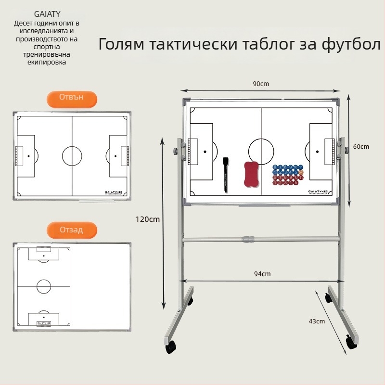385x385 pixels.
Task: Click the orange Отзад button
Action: click(x=71, y=230)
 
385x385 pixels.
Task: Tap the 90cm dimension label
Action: click(x=260, y=84)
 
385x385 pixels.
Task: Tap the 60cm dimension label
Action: click(x=360, y=147)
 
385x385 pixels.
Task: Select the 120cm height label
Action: click(x=147, y=219)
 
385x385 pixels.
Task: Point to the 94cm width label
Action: click(x=262, y=274)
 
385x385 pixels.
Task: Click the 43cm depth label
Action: click(x=317, y=321)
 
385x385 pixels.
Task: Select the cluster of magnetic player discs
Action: click(x=288, y=175)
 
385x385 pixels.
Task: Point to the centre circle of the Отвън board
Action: click(x=72, y=155)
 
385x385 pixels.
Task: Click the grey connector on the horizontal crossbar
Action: click(x=248, y=239)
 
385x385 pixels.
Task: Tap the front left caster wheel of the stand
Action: click(x=171, y=346)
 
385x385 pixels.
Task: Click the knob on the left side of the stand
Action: click(x=176, y=151)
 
